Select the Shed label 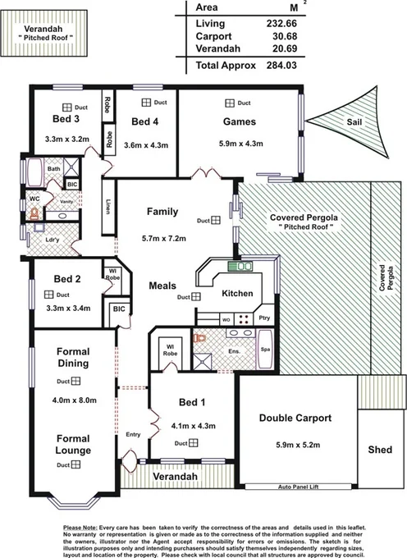381,450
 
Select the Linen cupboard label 108,205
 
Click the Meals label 163,286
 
